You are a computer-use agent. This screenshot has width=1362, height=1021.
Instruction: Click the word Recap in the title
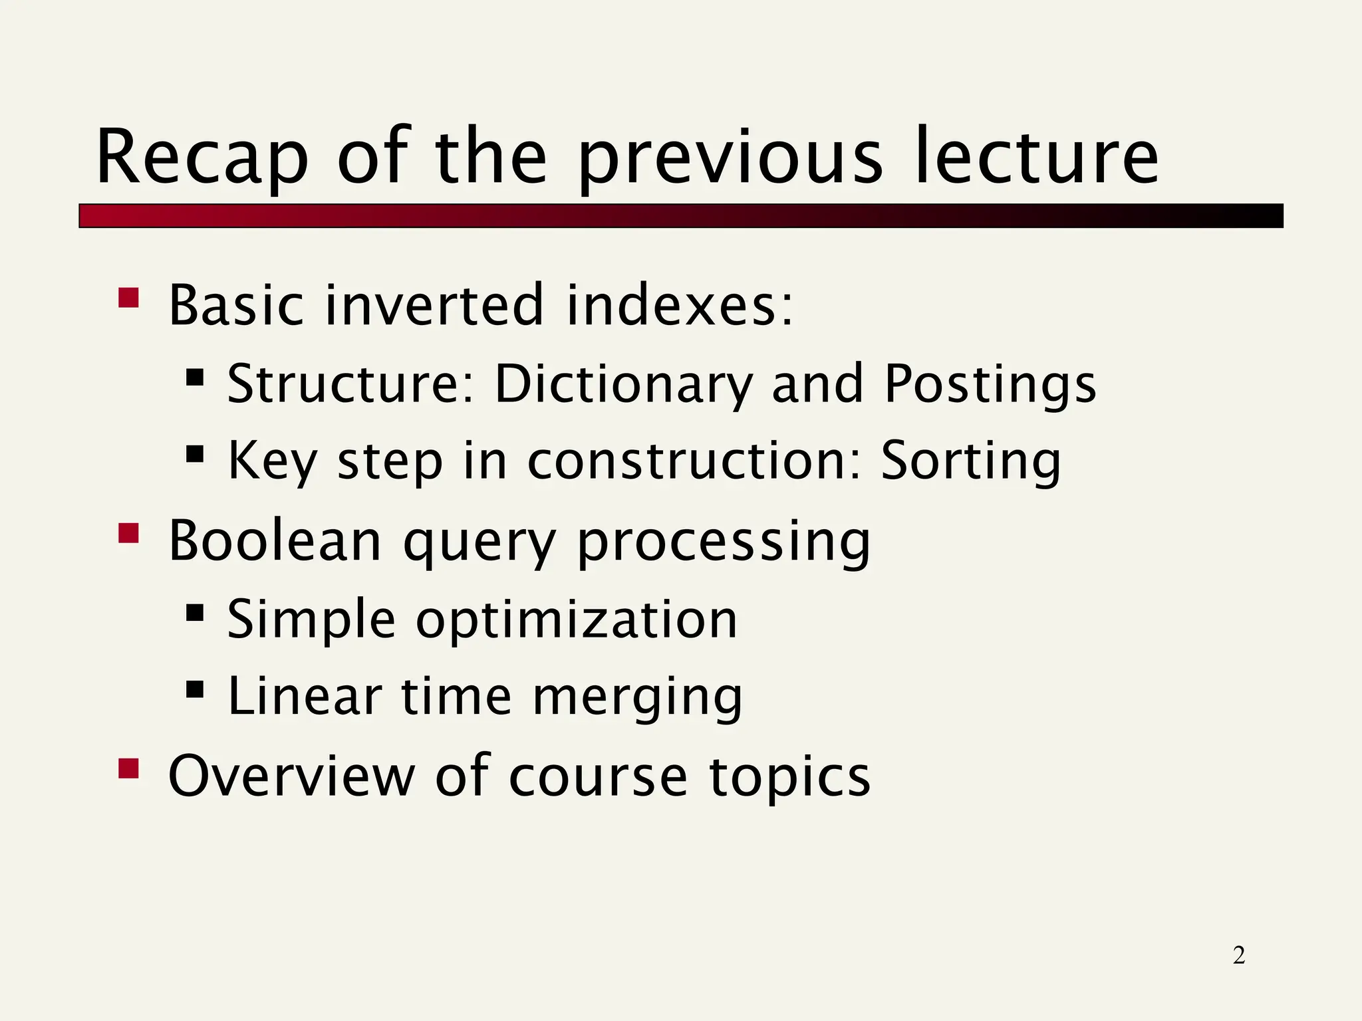[x=202, y=158]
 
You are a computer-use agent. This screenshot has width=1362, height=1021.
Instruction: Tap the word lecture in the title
[x=1037, y=158]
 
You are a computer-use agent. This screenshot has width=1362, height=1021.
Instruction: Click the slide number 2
[x=1238, y=955]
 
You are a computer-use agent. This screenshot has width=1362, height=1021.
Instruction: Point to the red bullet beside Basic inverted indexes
[x=128, y=298]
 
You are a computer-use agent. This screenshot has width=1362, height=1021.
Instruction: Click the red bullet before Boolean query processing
[x=128, y=533]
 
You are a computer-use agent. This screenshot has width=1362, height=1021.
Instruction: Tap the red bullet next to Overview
[x=128, y=768]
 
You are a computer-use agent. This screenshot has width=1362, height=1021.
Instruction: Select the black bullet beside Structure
[x=195, y=378]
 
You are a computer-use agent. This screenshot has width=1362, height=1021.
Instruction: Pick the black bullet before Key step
[x=195, y=455]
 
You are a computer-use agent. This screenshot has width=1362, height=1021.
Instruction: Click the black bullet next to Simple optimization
[x=195, y=612]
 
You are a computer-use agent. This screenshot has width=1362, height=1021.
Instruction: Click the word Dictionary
[x=624, y=384]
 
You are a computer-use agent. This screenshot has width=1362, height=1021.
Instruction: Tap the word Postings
[x=990, y=386]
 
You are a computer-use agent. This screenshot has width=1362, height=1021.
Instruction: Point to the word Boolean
[x=275, y=540]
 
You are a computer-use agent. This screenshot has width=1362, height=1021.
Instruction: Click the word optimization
[x=577, y=620]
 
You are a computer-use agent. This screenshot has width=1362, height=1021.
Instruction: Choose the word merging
[x=637, y=697]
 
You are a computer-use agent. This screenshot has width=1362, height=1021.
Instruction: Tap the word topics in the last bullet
[x=789, y=776]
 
